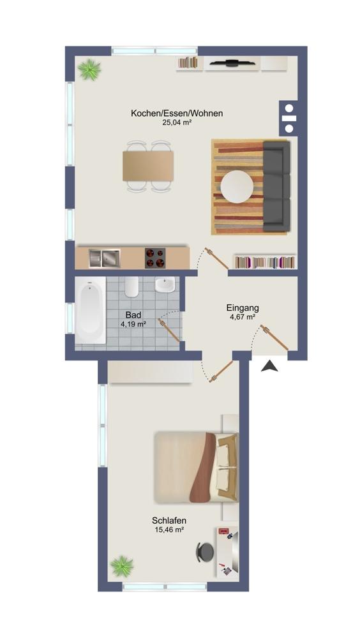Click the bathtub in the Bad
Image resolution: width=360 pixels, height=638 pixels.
[x=91, y=310]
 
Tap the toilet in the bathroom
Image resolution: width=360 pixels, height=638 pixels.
[x=132, y=286]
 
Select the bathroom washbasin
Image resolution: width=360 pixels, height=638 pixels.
[x=165, y=284]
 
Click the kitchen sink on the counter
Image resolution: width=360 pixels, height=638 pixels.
[x=105, y=258]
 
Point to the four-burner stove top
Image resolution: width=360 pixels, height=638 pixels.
[x=155, y=258]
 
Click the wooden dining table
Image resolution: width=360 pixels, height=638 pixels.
[x=148, y=166]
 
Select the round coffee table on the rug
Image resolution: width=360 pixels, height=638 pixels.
[x=237, y=187]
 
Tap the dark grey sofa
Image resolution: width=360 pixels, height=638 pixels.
[x=276, y=186]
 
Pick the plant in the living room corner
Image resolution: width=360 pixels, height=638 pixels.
[x=89, y=70]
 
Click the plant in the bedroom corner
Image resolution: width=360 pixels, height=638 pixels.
[x=122, y=566]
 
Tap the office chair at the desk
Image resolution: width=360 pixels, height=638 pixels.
[x=205, y=552]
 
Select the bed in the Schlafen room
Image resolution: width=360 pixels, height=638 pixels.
[x=197, y=467]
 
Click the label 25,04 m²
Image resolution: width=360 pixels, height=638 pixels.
[x=177, y=122]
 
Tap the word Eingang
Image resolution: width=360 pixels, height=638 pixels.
[x=243, y=308]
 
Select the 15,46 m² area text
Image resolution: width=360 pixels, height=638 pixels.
[x=169, y=530]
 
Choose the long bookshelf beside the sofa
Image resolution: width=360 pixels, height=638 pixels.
[x=265, y=262]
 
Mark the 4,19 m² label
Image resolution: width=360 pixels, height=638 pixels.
[x=133, y=324]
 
